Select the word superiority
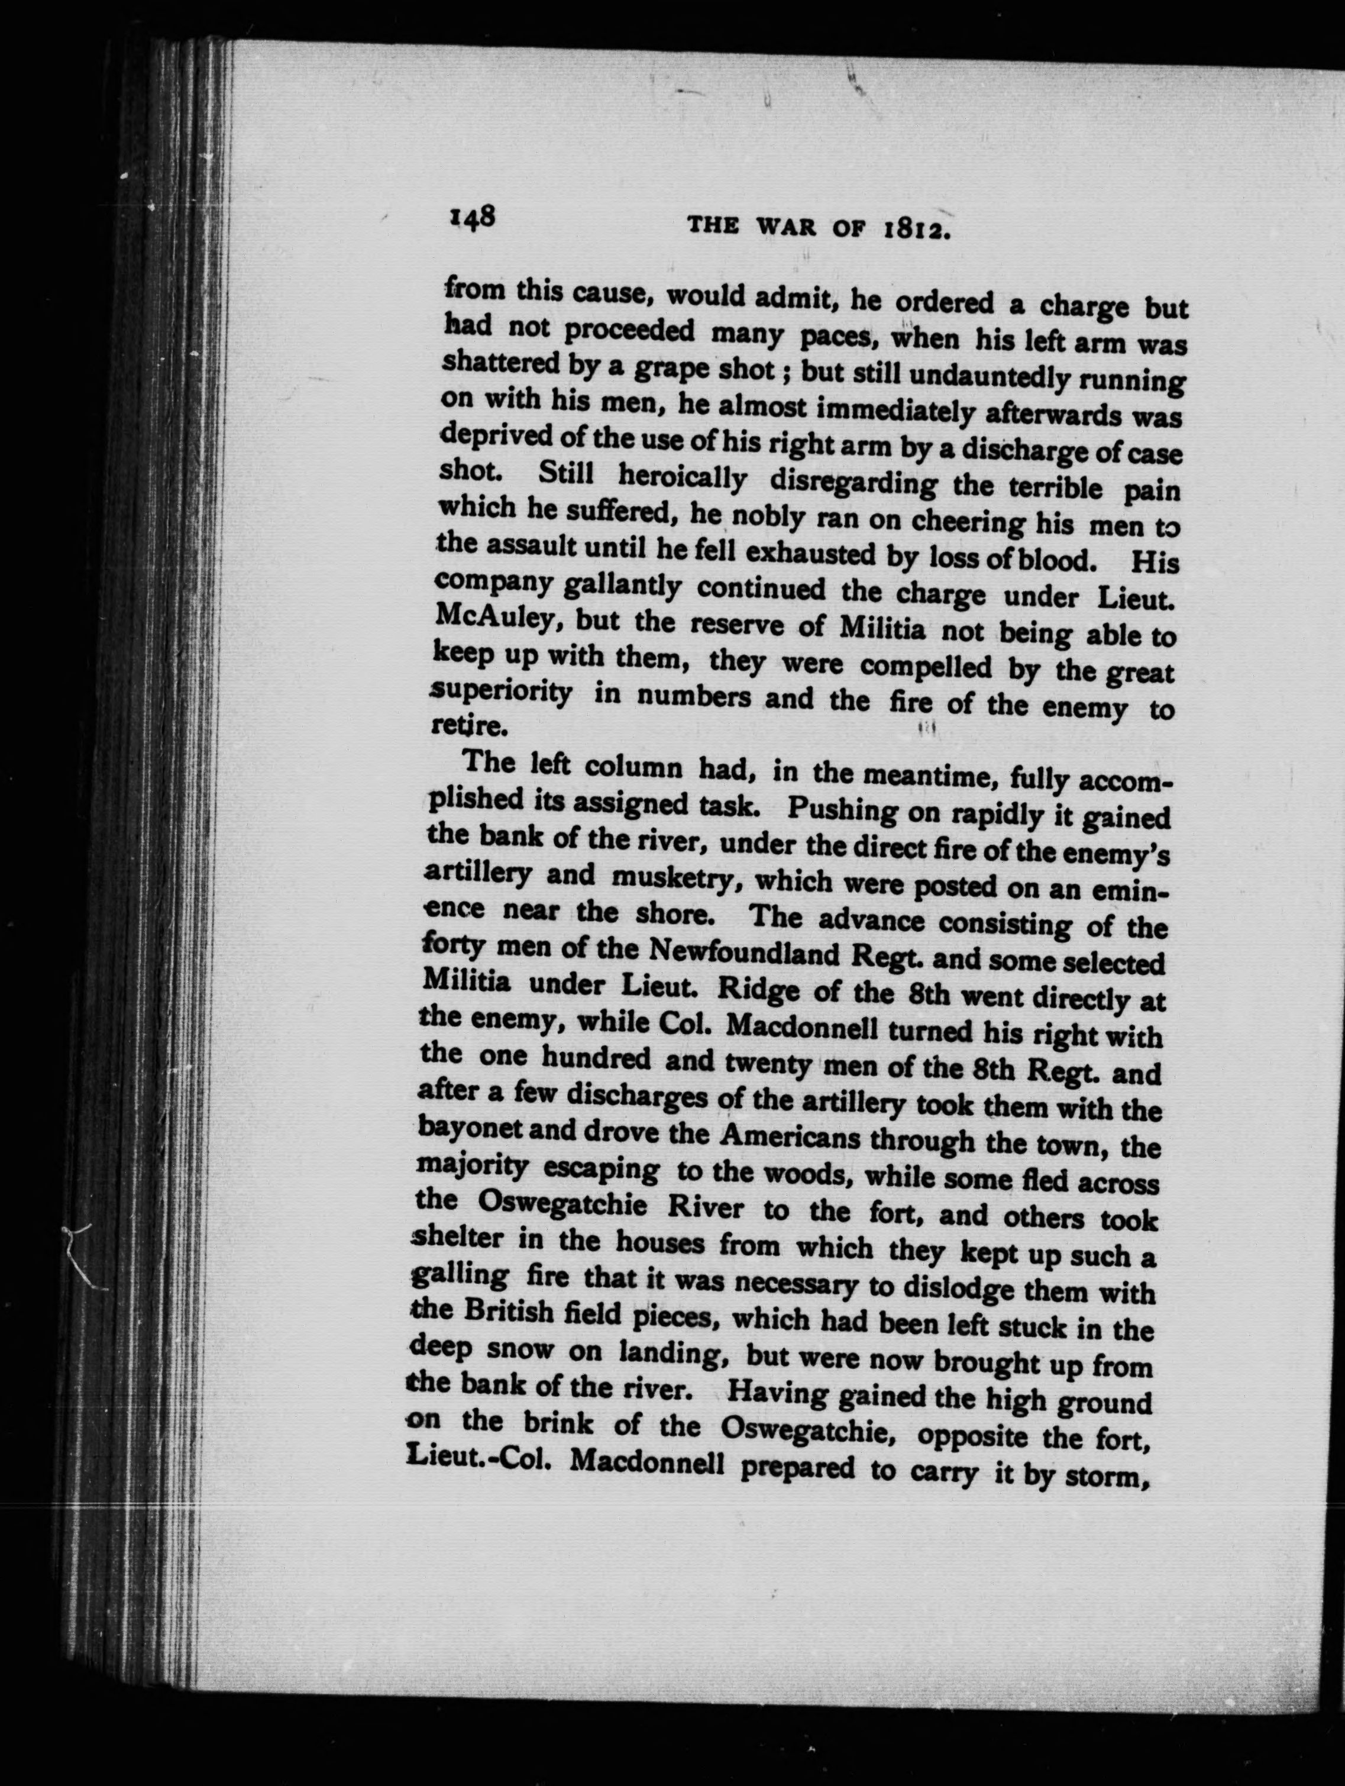coord(502,693)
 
